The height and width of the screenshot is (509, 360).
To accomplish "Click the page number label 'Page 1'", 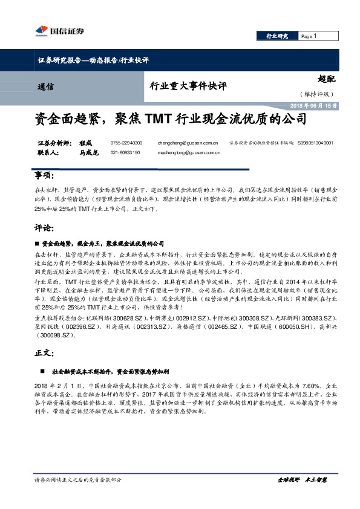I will coord(309,37).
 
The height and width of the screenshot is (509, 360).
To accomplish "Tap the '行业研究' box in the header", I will coord(278,37).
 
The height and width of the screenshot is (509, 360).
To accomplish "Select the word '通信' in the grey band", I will coord(45,86).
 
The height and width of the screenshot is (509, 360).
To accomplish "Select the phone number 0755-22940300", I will coord(126,143).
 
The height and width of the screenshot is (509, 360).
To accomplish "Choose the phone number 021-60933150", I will coord(125,153).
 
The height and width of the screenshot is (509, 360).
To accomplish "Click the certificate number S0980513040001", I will coord(315,143).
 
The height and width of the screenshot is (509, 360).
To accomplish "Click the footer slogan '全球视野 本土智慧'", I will coord(303,479).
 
